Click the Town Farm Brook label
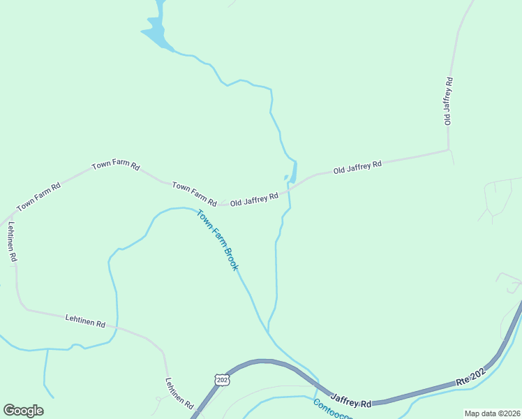point(218,240)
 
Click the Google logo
point(23,411)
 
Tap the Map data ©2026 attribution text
point(491,413)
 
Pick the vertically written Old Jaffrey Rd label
point(449,101)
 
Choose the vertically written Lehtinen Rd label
point(11,242)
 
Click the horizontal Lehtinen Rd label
point(85,321)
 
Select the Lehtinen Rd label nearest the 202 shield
point(179,392)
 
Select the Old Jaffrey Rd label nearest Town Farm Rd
point(254,200)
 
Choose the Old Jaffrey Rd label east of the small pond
point(357,167)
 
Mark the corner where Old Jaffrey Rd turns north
point(448,149)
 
